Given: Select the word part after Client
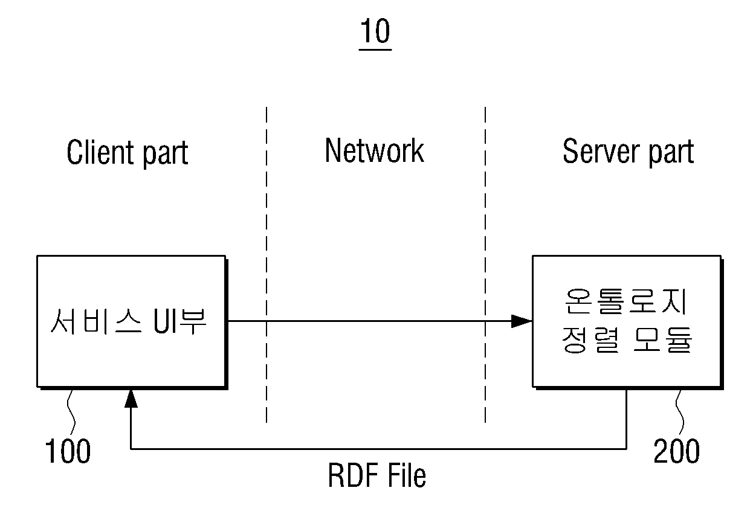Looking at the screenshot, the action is point(166,155).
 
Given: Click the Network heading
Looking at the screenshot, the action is point(375,150).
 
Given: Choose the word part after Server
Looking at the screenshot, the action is point(671,153).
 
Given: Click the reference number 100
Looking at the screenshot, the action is point(68,451).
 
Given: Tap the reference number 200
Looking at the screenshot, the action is point(676,451).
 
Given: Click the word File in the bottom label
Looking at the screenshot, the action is point(407,475).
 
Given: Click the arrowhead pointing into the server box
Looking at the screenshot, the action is point(522,321).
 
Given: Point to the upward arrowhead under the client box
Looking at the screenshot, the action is point(131,399).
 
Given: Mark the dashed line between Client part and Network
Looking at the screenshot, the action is point(267,265).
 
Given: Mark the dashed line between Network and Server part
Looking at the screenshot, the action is point(485,265).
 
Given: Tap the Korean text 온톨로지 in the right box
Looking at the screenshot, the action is point(626,301).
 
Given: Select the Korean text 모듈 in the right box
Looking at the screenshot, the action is point(662,340).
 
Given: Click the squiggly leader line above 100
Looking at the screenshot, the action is point(71,412).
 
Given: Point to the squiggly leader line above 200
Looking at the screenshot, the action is point(680,412).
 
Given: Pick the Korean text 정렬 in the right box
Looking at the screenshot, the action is point(590,340).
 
